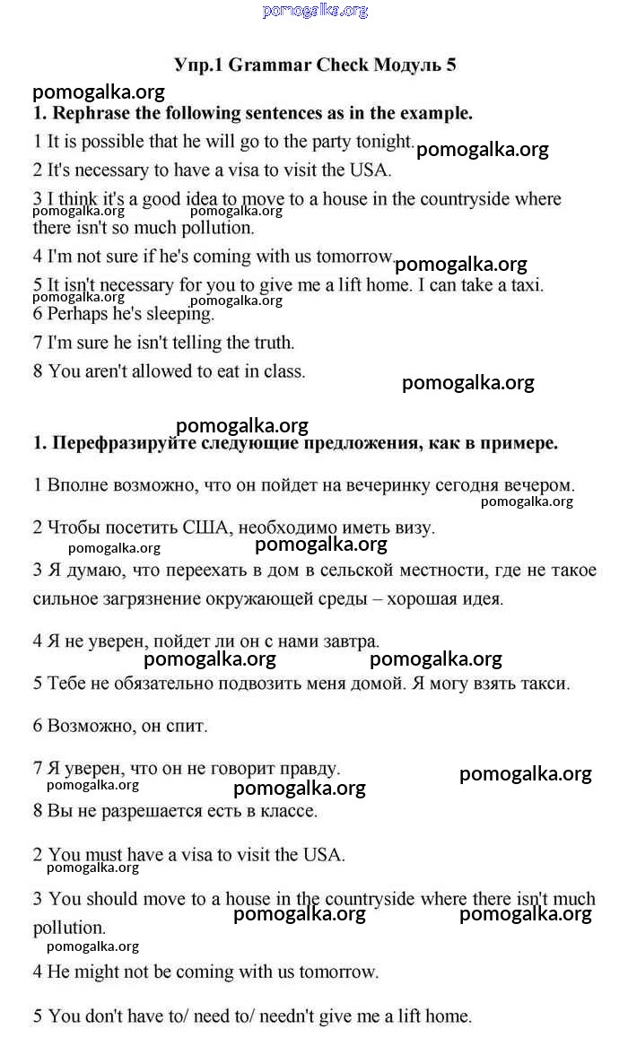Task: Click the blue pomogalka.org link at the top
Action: pyautogui.click(x=315, y=11)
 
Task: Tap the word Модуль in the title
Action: pyautogui.click(x=407, y=65)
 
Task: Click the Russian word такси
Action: pyautogui.click(x=546, y=684)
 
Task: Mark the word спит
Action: pyautogui.click(x=188, y=727)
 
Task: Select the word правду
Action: pyautogui.click(x=310, y=769)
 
